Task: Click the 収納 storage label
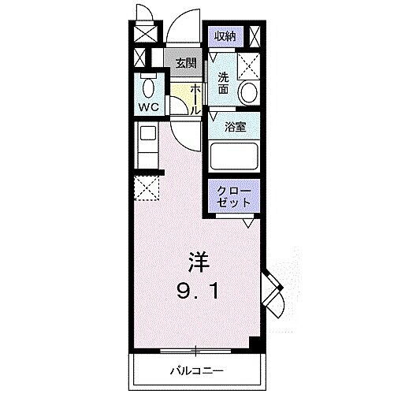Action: pos(225,36)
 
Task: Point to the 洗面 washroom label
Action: pos(224,84)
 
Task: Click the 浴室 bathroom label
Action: pos(233,126)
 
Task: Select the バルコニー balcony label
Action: pos(197,370)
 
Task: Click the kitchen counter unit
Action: pos(147,143)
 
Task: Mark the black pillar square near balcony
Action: pos(254,344)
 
